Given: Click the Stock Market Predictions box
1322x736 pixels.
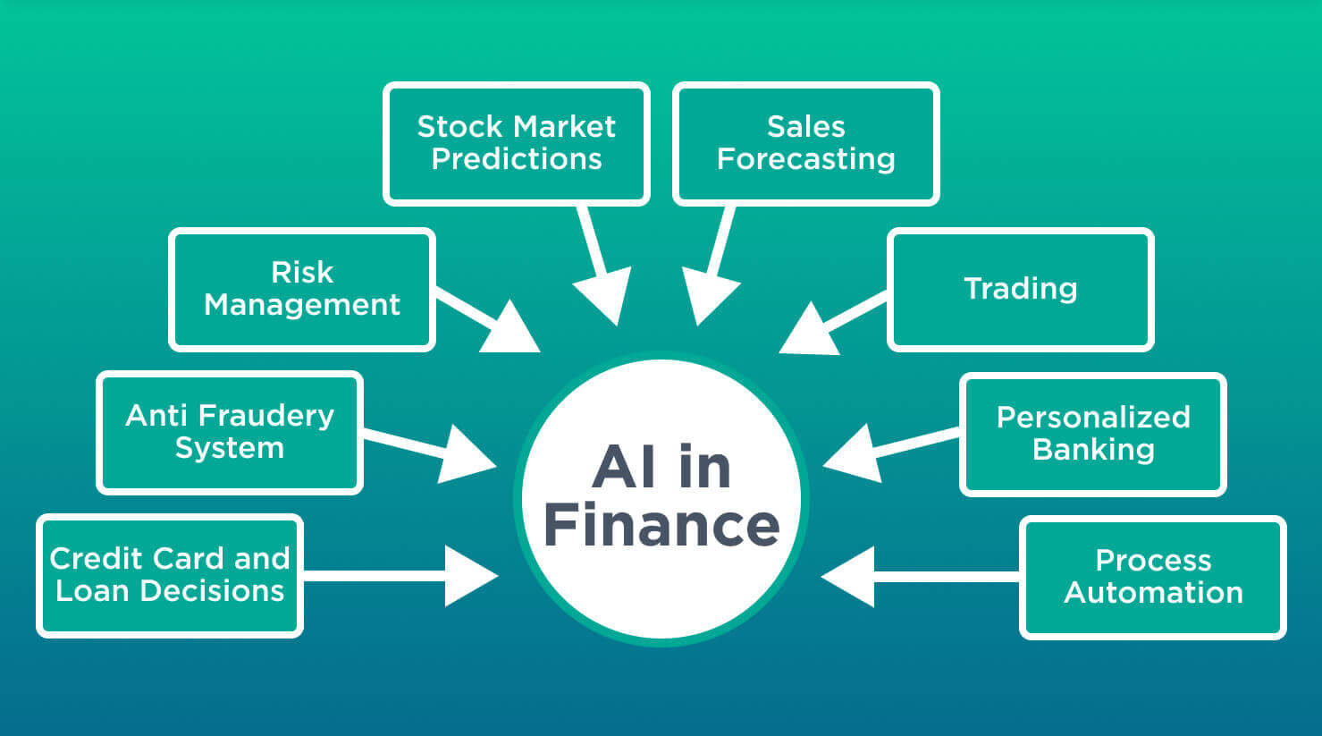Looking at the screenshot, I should [516, 144].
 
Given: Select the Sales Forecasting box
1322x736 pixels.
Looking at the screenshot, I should [805, 144].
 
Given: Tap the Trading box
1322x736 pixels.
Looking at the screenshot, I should [1020, 289].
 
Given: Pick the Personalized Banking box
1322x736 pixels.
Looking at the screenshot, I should [1092, 434].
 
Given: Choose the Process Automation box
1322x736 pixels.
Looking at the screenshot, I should [1152, 577].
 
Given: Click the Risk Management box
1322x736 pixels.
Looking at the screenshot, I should [301, 289].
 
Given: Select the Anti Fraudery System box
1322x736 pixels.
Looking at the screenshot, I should [229, 432].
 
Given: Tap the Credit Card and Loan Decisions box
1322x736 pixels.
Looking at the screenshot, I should [169, 575].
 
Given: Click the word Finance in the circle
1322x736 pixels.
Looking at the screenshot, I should [661, 525].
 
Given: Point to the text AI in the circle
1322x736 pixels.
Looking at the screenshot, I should [661, 467].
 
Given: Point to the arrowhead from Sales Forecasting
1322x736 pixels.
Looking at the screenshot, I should [708, 295].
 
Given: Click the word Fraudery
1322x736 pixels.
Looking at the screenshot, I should [266, 416].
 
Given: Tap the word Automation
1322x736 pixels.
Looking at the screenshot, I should [1153, 593].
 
